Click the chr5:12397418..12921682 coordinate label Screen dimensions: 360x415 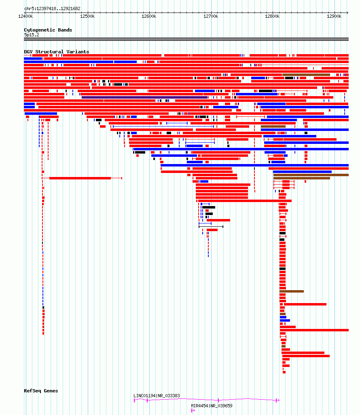52,8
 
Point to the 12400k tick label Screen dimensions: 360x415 26,17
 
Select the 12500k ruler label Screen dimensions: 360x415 87,17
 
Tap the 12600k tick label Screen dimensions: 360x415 149,17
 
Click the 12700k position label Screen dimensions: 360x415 211,17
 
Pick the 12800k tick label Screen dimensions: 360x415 272,17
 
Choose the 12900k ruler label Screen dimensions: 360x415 334,17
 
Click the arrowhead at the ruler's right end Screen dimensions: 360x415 347,13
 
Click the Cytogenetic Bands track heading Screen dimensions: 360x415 48,30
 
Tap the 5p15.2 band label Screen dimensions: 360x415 32,35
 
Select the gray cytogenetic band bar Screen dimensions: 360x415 186,39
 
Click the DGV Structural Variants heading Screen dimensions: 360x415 56,52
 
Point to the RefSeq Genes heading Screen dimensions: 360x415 41,391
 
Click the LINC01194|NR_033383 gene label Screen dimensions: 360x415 157,396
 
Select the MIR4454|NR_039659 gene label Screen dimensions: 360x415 212,406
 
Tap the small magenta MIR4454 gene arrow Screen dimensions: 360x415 193,411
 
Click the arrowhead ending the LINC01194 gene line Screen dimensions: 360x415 278,400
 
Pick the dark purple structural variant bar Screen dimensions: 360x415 145,97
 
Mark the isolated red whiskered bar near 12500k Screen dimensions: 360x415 82,178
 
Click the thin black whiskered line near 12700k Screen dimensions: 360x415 211,227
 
